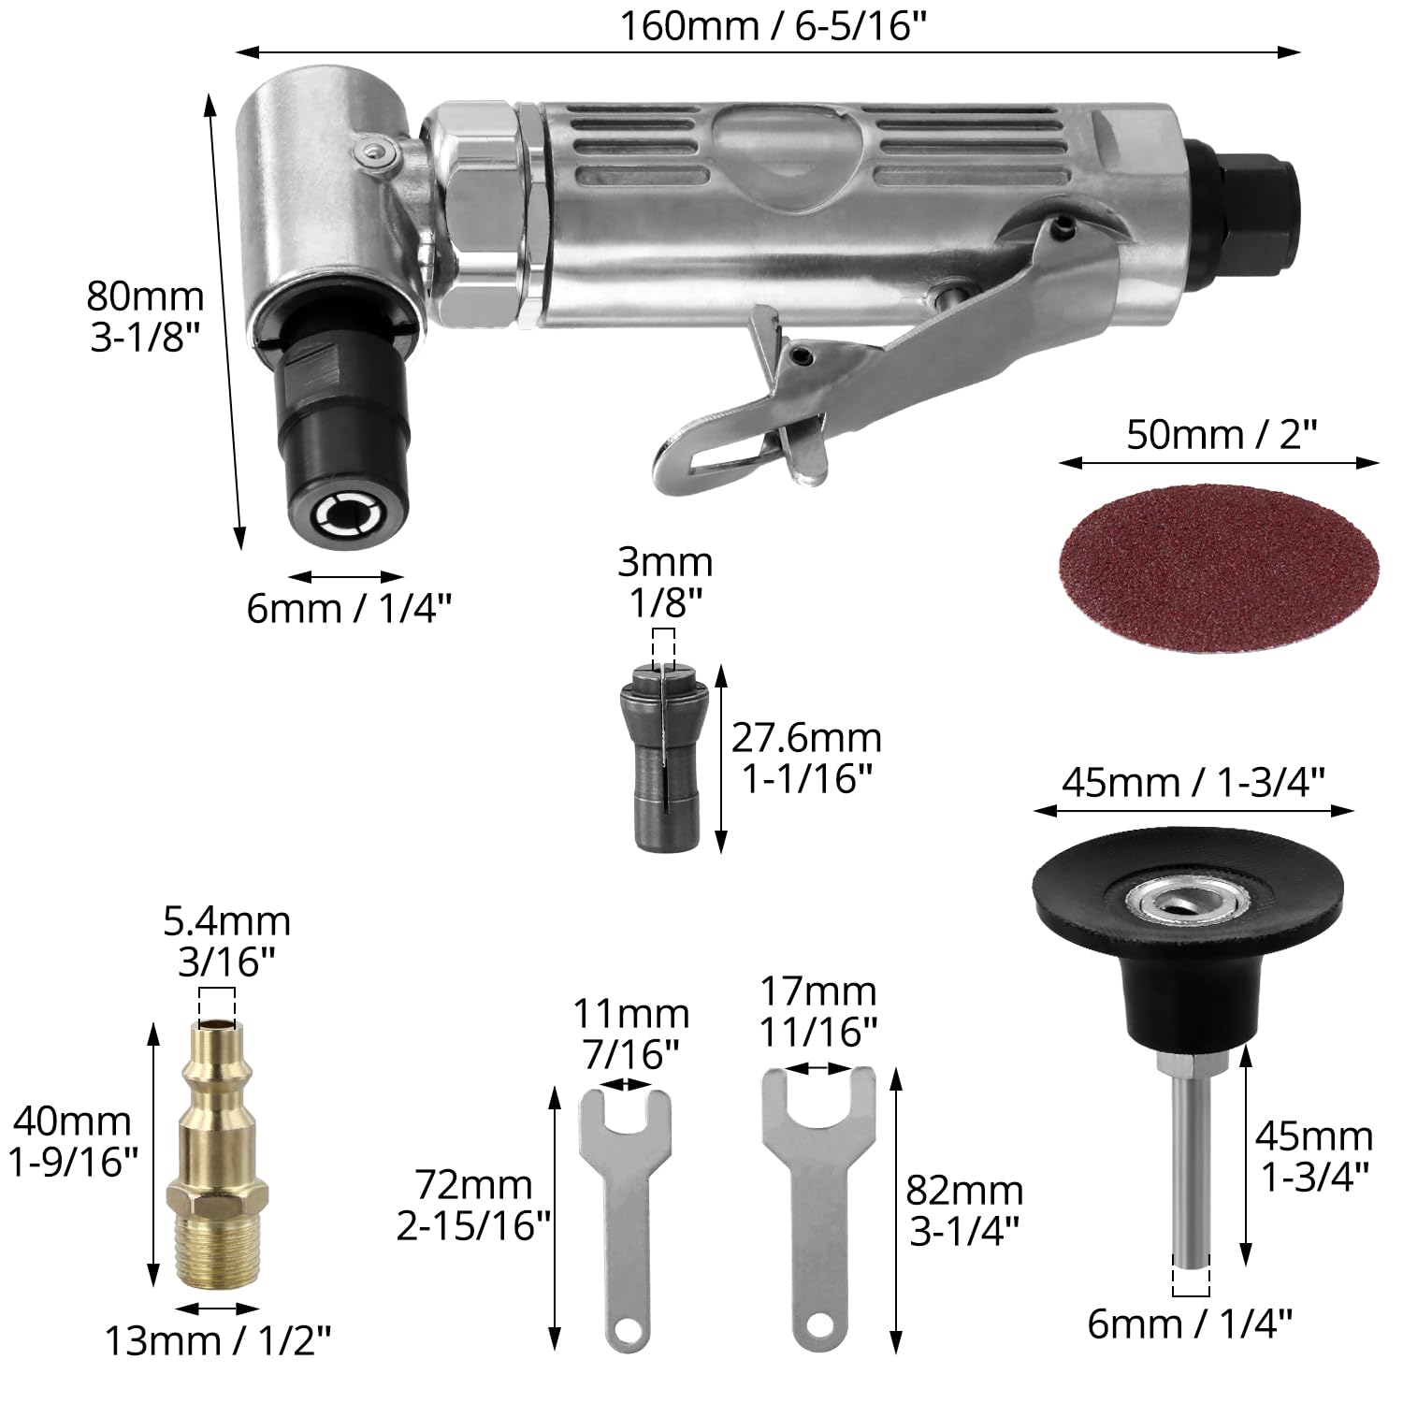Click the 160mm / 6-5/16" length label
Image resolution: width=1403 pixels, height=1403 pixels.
tap(767, 25)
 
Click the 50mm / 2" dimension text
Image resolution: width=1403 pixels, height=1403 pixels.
tap(1221, 435)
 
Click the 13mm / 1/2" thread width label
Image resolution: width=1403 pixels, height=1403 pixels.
tap(217, 1341)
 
